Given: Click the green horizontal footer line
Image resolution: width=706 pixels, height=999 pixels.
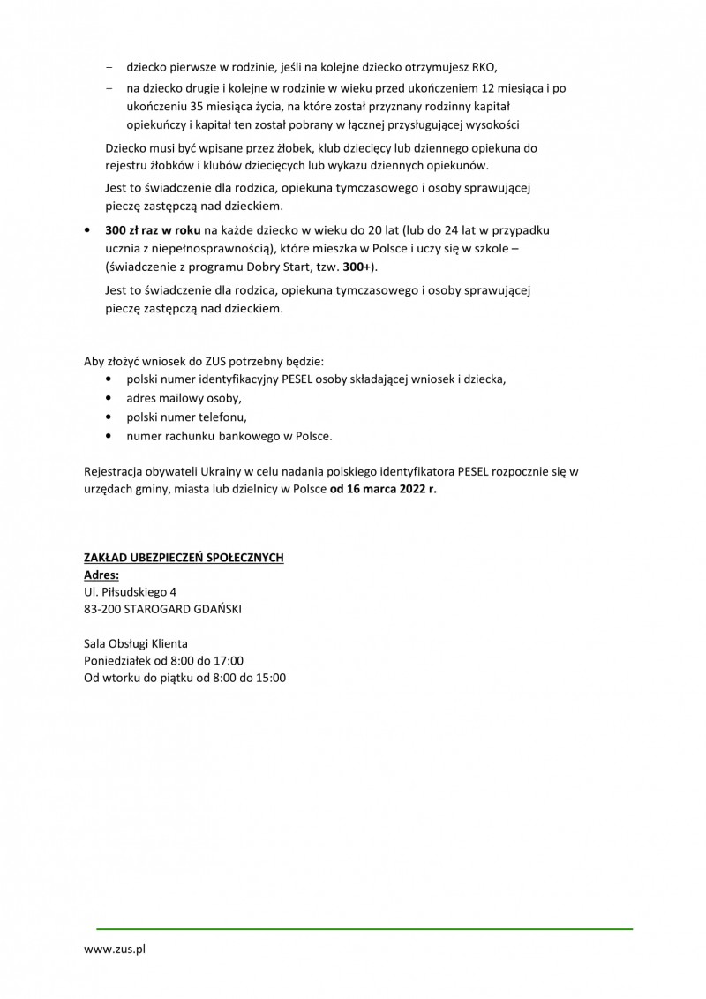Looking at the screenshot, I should pos(364,928).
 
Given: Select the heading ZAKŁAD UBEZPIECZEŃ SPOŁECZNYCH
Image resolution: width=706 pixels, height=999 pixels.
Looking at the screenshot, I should pos(184,559).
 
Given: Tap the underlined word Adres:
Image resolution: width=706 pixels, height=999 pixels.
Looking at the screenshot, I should pos(101,575).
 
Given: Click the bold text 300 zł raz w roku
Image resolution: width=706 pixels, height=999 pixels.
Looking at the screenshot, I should pos(152,229).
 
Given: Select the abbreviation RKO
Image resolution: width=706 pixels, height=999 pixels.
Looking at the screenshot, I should pos(484,66).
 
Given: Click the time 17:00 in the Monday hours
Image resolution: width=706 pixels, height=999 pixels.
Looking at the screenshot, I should pos(228,660).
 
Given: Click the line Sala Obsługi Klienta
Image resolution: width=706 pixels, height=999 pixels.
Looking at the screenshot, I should pos(135,643).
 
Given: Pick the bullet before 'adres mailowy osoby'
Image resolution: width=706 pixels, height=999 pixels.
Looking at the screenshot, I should pos(108,398).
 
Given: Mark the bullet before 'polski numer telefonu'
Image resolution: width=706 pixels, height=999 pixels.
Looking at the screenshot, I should pos(108,417).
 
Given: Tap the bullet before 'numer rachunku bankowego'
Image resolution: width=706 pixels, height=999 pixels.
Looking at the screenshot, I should pos(108,436).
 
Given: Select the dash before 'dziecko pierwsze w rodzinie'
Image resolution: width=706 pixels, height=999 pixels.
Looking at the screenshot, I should pos(109,66).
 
